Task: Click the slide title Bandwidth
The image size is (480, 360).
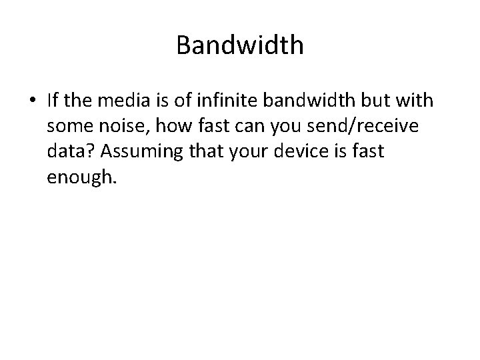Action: click(240, 45)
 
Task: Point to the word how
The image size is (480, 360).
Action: click(171, 127)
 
